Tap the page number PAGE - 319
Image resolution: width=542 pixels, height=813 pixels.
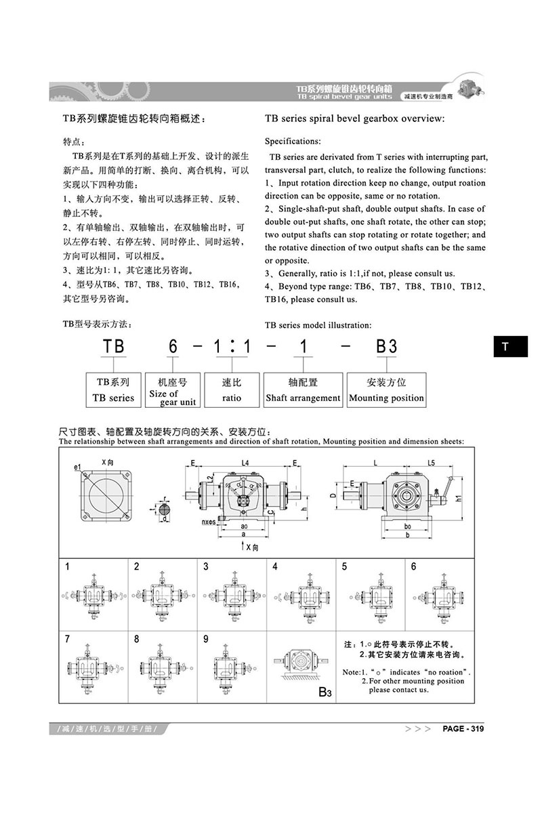pos(463,729)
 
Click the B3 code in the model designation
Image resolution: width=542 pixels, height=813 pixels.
pos(386,346)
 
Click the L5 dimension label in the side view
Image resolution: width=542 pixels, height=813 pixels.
pos(431,462)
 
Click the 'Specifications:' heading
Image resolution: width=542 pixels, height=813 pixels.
pos(292,142)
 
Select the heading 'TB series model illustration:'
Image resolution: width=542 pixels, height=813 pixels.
pos(318,325)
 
